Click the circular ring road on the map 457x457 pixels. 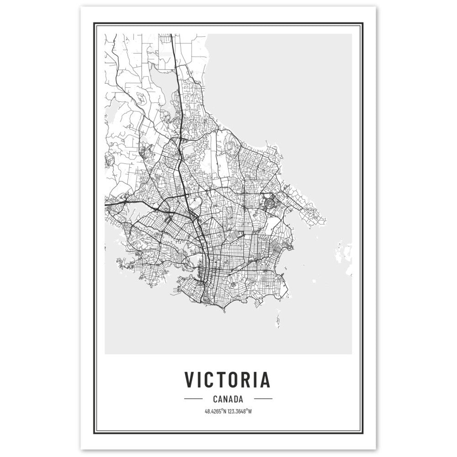point(267,200)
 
